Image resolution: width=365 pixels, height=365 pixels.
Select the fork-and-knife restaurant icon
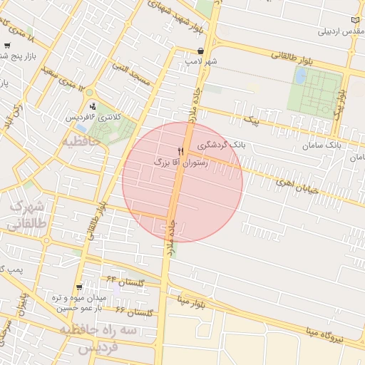click(x=180, y=151)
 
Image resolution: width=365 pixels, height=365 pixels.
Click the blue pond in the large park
click(x=300, y=75)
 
